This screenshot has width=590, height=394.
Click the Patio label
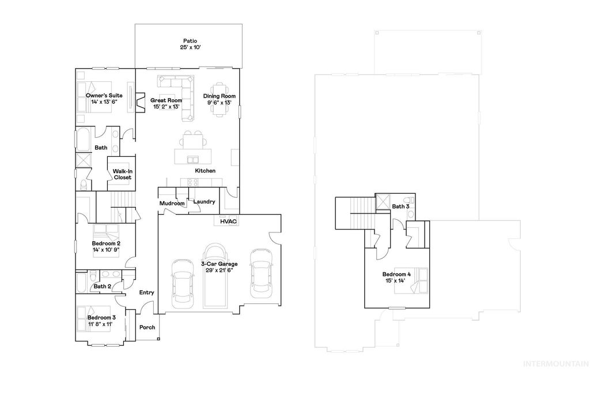pos(190,41)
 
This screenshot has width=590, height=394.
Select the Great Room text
pos(166,100)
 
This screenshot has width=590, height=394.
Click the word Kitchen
pos(205,171)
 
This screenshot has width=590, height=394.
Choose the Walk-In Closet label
pos(122,174)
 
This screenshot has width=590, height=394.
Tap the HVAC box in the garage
pos(229,221)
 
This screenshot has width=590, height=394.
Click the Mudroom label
pos(172,204)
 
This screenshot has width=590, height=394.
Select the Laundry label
pos(204,202)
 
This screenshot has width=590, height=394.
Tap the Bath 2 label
pos(102,286)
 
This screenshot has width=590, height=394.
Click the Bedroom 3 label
pos(101,317)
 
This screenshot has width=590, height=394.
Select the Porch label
pos(147,327)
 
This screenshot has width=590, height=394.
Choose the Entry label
pos(146,292)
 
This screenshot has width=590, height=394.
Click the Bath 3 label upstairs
pos(400,206)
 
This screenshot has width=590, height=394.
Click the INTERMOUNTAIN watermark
pos(555,364)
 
